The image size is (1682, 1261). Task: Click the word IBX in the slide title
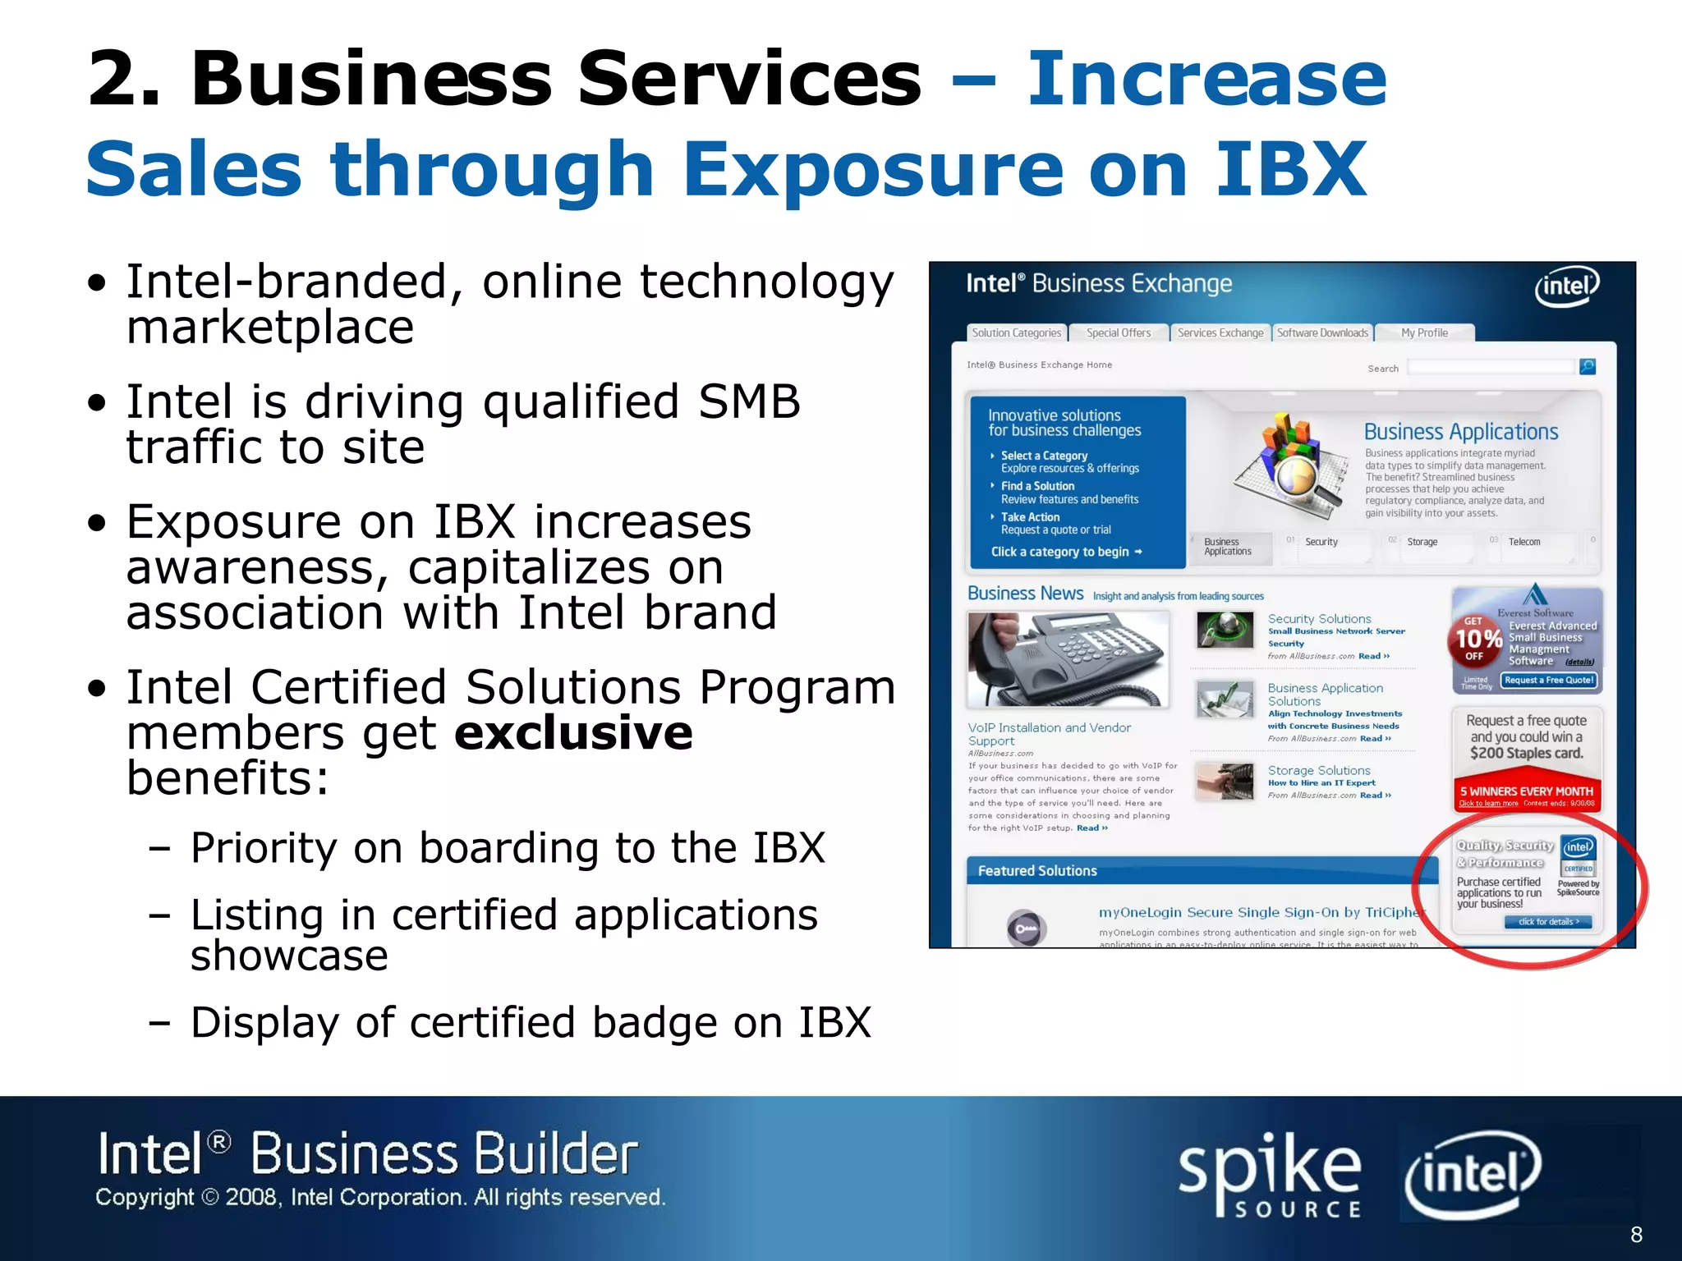click(x=1291, y=169)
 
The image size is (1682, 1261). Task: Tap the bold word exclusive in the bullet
click(x=573, y=732)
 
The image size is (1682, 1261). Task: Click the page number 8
click(x=1636, y=1234)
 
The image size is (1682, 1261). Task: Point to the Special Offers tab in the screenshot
click(x=1119, y=333)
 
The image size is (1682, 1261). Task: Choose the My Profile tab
click(x=1424, y=333)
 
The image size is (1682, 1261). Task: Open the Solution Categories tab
click(x=1017, y=333)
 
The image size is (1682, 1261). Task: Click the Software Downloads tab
click(x=1322, y=333)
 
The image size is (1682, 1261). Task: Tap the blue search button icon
click(x=1588, y=367)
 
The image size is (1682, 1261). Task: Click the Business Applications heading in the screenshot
click(x=1460, y=432)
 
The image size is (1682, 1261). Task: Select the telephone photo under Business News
click(x=1068, y=659)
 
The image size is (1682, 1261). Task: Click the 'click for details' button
click(x=1548, y=922)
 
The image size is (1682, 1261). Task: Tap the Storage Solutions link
click(x=1319, y=771)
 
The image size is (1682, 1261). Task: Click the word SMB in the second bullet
click(x=749, y=402)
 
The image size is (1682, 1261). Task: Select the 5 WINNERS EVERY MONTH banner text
click(x=1526, y=791)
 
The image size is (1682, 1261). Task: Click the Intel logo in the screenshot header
click(x=1567, y=287)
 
